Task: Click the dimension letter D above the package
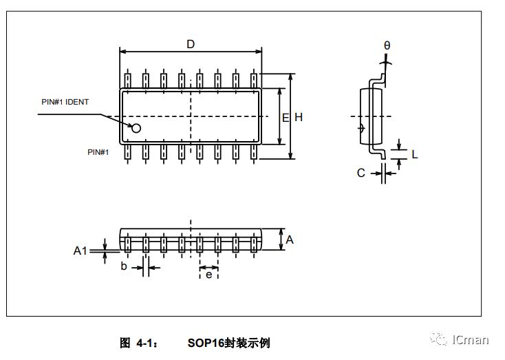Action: (x=191, y=44)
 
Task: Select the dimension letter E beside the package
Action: (x=285, y=118)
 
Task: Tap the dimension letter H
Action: (x=299, y=118)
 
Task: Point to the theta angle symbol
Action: (x=387, y=46)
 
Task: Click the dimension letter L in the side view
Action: (x=414, y=154)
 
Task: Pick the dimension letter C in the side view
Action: (x=361, y=173)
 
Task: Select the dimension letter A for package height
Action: (x=290, y=240)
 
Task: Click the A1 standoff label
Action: (x=80, y=251)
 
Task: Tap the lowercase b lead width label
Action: (x=124, y=266)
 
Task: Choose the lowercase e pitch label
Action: (x=208, y=275)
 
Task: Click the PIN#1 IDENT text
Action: (x=65, y=102)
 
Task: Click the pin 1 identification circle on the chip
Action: (x=136, y=128)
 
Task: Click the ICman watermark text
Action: (x=470, y=339)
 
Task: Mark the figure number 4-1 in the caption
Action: (x=147, y=342)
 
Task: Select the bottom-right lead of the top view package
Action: (x=253, y=152)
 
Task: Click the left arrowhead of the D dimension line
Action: (x=123, y=52)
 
